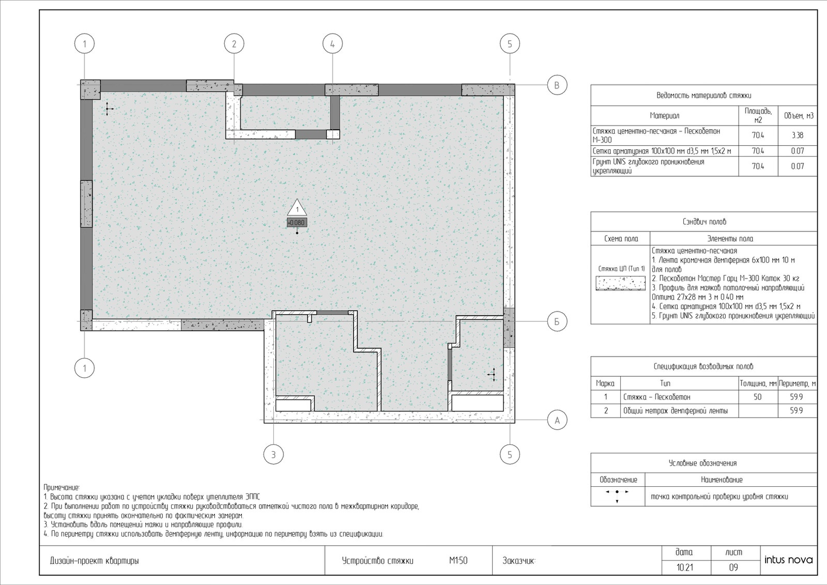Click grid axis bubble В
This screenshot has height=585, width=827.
click(557, 85)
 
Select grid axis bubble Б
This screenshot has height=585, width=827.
click(557, 321)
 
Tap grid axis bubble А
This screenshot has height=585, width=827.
click(557, 420)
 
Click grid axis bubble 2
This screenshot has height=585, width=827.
click(234, 43)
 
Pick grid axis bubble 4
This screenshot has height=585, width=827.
click(332, 43)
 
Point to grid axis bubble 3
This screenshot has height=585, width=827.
click(273, 454)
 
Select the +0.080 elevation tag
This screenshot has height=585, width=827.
click(297, 223)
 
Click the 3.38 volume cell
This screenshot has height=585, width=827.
click(798, 135)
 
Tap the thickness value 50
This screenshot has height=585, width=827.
click(758, 397)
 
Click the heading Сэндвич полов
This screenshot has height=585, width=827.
click(704, 222)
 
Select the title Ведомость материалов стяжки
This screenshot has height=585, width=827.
click(704, 96)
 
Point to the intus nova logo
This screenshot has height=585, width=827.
click(789, 560)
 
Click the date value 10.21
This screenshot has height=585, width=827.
click(685, 567)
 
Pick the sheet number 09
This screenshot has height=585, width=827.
click(733, 567)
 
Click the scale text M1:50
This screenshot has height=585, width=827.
click(458, 561)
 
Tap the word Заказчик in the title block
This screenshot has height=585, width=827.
click(518, 561)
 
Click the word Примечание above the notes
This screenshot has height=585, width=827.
click(62, 487)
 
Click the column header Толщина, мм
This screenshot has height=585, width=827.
click(758, 384)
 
